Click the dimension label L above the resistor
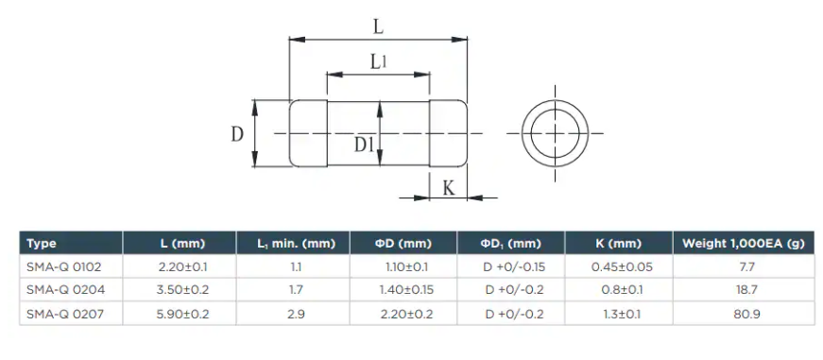pyautogui.click(x=378, y=27)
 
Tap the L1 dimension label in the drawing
pyautogui.click(x=378, y=62)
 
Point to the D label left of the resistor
pyautogui.click(x=237, y=134)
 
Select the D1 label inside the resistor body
pyautogui.click(x=363, y=145)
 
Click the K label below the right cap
pyautogui.click(x=449, y=187)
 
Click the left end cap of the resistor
pyautogui.click(x=309, y=133)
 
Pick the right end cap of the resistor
pyautogui.click(x=448, y=133)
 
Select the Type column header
pyautogui.click(x=41, y=244)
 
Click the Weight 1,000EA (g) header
pyautogui.click(x=743, y=244)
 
